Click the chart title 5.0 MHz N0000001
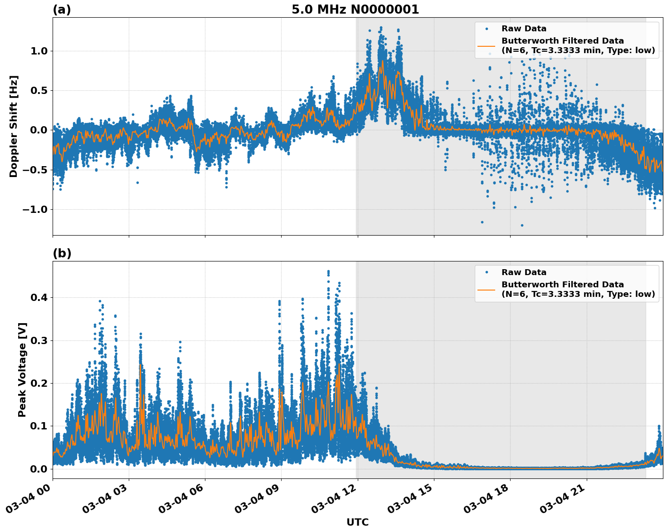click(355, 10)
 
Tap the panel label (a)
click(62, 10)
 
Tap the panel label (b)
click(62, 253)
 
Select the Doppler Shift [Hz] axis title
click(14, 126)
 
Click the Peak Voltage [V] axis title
click(22, 369)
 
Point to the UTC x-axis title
click(357, 522)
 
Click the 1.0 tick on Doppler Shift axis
click(39, 51)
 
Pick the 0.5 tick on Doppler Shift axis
click(39, 90)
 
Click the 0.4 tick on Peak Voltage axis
click(39, 298)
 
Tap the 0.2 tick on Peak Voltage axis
click(39, 383)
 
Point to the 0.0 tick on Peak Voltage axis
click(39, 469)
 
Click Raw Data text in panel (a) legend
click(524, 29)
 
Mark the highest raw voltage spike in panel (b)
click(328, 271)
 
